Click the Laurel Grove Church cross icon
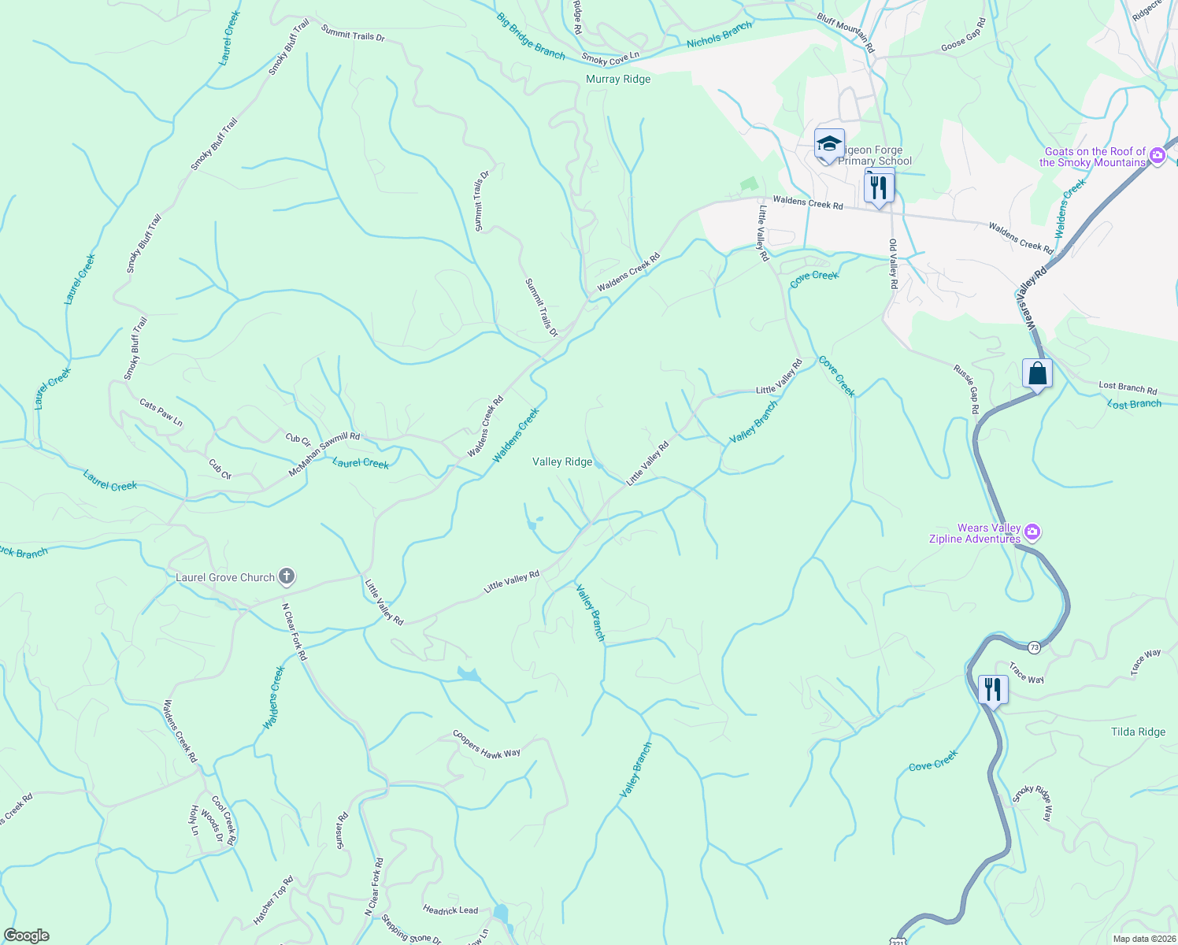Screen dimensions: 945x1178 coord(287,577)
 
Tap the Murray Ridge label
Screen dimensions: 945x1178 coord(618,80)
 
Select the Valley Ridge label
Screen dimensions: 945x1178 coord(562,462)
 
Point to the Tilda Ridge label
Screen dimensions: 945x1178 coord(1138,732)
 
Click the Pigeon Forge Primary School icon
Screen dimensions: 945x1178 coord(829,144)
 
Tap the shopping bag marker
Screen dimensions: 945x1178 coord(1037,372)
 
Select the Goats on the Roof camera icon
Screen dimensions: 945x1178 coord(1157,155)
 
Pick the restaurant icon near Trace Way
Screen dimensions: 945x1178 coord(993,690)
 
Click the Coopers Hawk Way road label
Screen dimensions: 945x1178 coord(487,745)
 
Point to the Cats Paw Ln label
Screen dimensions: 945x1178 coord(161,413)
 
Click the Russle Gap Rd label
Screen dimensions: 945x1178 coord(967,389)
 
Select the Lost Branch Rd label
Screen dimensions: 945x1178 coord(1128,388)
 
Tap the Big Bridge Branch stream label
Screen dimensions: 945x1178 coord(531,36)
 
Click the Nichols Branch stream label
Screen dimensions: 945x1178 coord(719,35)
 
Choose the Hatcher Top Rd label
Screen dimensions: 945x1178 coord(273,901)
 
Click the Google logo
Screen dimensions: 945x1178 coord(26,936)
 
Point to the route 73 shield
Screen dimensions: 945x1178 coord(1034,647)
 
